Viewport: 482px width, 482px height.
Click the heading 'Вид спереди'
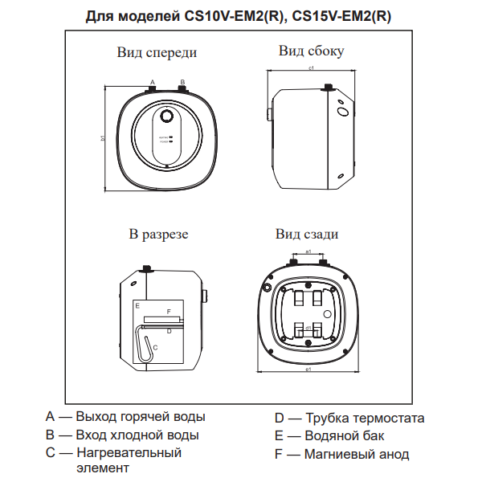pos(157,53)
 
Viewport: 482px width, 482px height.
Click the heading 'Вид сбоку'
pos(311,51)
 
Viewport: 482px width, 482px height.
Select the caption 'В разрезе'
pos(158,235)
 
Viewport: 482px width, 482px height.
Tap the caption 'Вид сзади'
pos(306,235)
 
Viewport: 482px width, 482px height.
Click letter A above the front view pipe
pos(152,82)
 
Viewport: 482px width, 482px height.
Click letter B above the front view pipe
pos(182,82)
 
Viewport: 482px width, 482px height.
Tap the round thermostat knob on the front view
pos(166,116)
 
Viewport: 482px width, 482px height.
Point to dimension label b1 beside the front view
pos(104,138)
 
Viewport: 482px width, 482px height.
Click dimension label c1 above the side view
pos(311,69)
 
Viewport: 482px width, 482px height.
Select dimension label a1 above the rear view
pos(308,252)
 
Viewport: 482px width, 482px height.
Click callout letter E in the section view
pos(138,306)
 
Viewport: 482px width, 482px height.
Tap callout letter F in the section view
pos(168,310)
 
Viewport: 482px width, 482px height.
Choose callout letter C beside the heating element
pos(155,347)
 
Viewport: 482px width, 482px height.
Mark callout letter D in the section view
pos(169,329)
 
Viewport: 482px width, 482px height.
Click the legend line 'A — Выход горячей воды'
pos(125,417)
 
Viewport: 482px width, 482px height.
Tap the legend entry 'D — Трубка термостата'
pos(349,418)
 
